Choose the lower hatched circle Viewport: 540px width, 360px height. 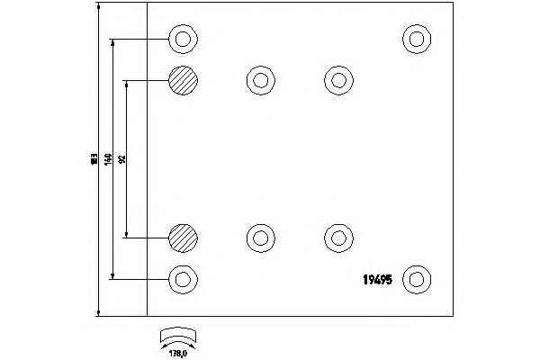pos(183,238)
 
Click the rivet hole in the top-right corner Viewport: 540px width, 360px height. pos(416,39)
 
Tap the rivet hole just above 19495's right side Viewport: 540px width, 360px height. pos(416,278)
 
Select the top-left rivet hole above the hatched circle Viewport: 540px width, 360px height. pos(183,39)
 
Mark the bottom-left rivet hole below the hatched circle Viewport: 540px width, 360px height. pos(183,278)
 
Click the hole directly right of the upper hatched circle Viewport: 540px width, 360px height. pos(260,80)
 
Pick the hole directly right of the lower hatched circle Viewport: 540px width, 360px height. pos(260,238)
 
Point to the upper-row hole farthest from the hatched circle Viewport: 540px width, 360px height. pos(337,80)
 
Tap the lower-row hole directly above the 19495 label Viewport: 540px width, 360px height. pos(337,238)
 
